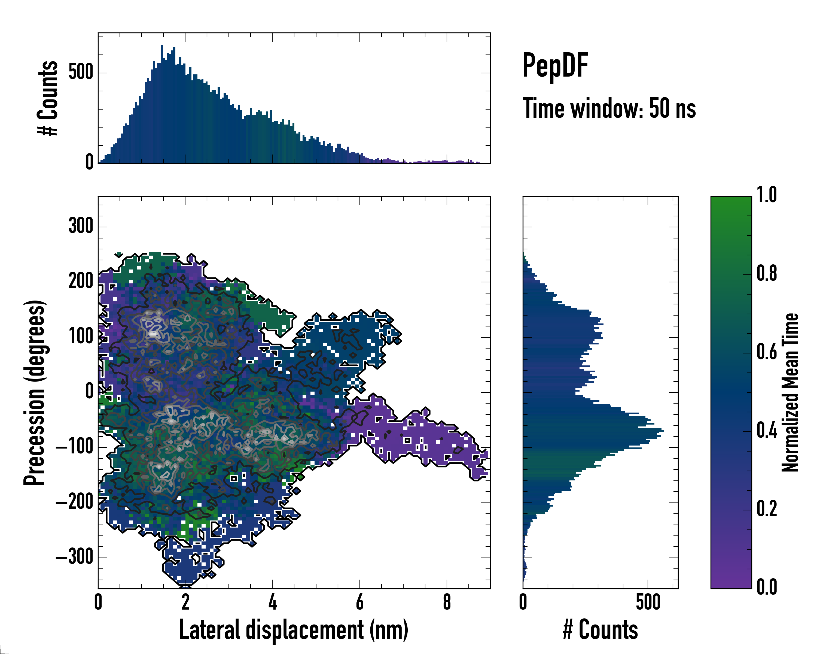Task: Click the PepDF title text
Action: pos(555,66)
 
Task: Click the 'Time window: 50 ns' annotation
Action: pos(609,108)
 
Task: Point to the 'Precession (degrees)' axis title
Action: pos(35,392)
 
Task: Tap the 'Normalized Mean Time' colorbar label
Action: pos(790,392)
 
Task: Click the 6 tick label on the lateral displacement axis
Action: pos(360,602)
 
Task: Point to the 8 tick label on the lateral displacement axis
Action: pos(447,602)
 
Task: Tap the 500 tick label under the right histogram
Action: pos(648,602)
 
